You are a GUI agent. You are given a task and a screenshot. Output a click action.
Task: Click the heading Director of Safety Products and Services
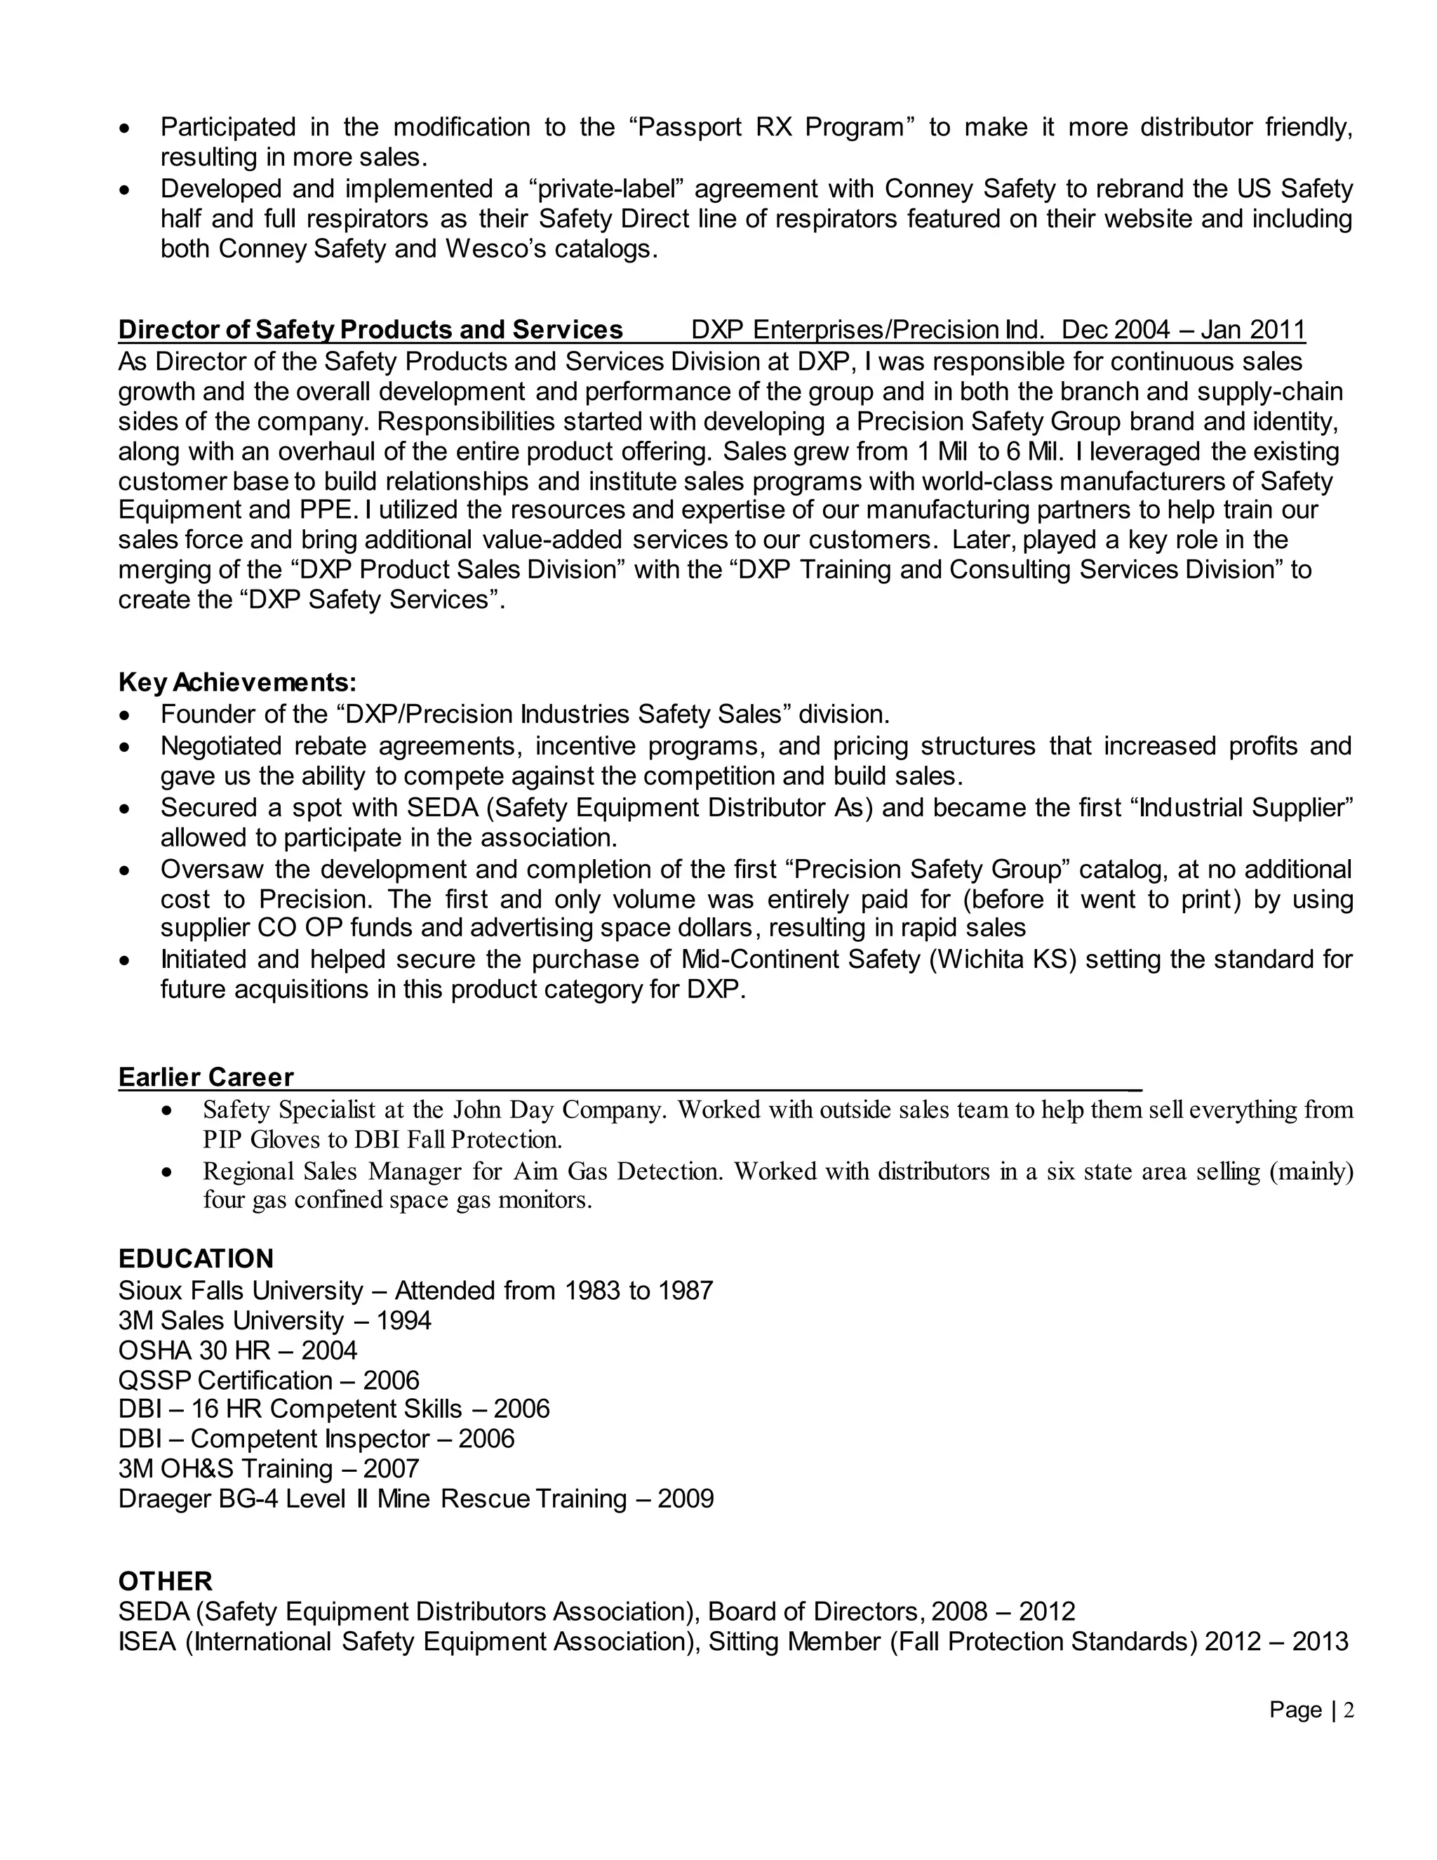point(370,330)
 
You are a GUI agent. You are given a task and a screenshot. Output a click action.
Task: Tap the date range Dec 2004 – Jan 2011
point(1183,330)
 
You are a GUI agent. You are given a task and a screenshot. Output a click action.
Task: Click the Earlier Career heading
point(206,1077)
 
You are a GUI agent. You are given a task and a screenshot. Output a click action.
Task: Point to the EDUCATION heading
point(196,1258)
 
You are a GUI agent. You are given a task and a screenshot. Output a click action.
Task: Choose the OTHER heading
point(165,1581)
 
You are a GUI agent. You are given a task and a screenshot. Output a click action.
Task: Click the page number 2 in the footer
point(1349,1710)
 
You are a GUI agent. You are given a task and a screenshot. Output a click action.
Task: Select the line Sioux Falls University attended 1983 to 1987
point(415,1290)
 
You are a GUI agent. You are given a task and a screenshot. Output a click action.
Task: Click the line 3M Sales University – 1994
point(275,1320)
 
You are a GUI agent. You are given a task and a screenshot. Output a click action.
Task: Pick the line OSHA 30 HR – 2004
point(238,1350)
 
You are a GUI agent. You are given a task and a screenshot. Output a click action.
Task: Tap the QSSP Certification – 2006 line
point(269,1380)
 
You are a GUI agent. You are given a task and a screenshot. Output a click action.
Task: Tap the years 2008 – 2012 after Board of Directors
point(1003,1612)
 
